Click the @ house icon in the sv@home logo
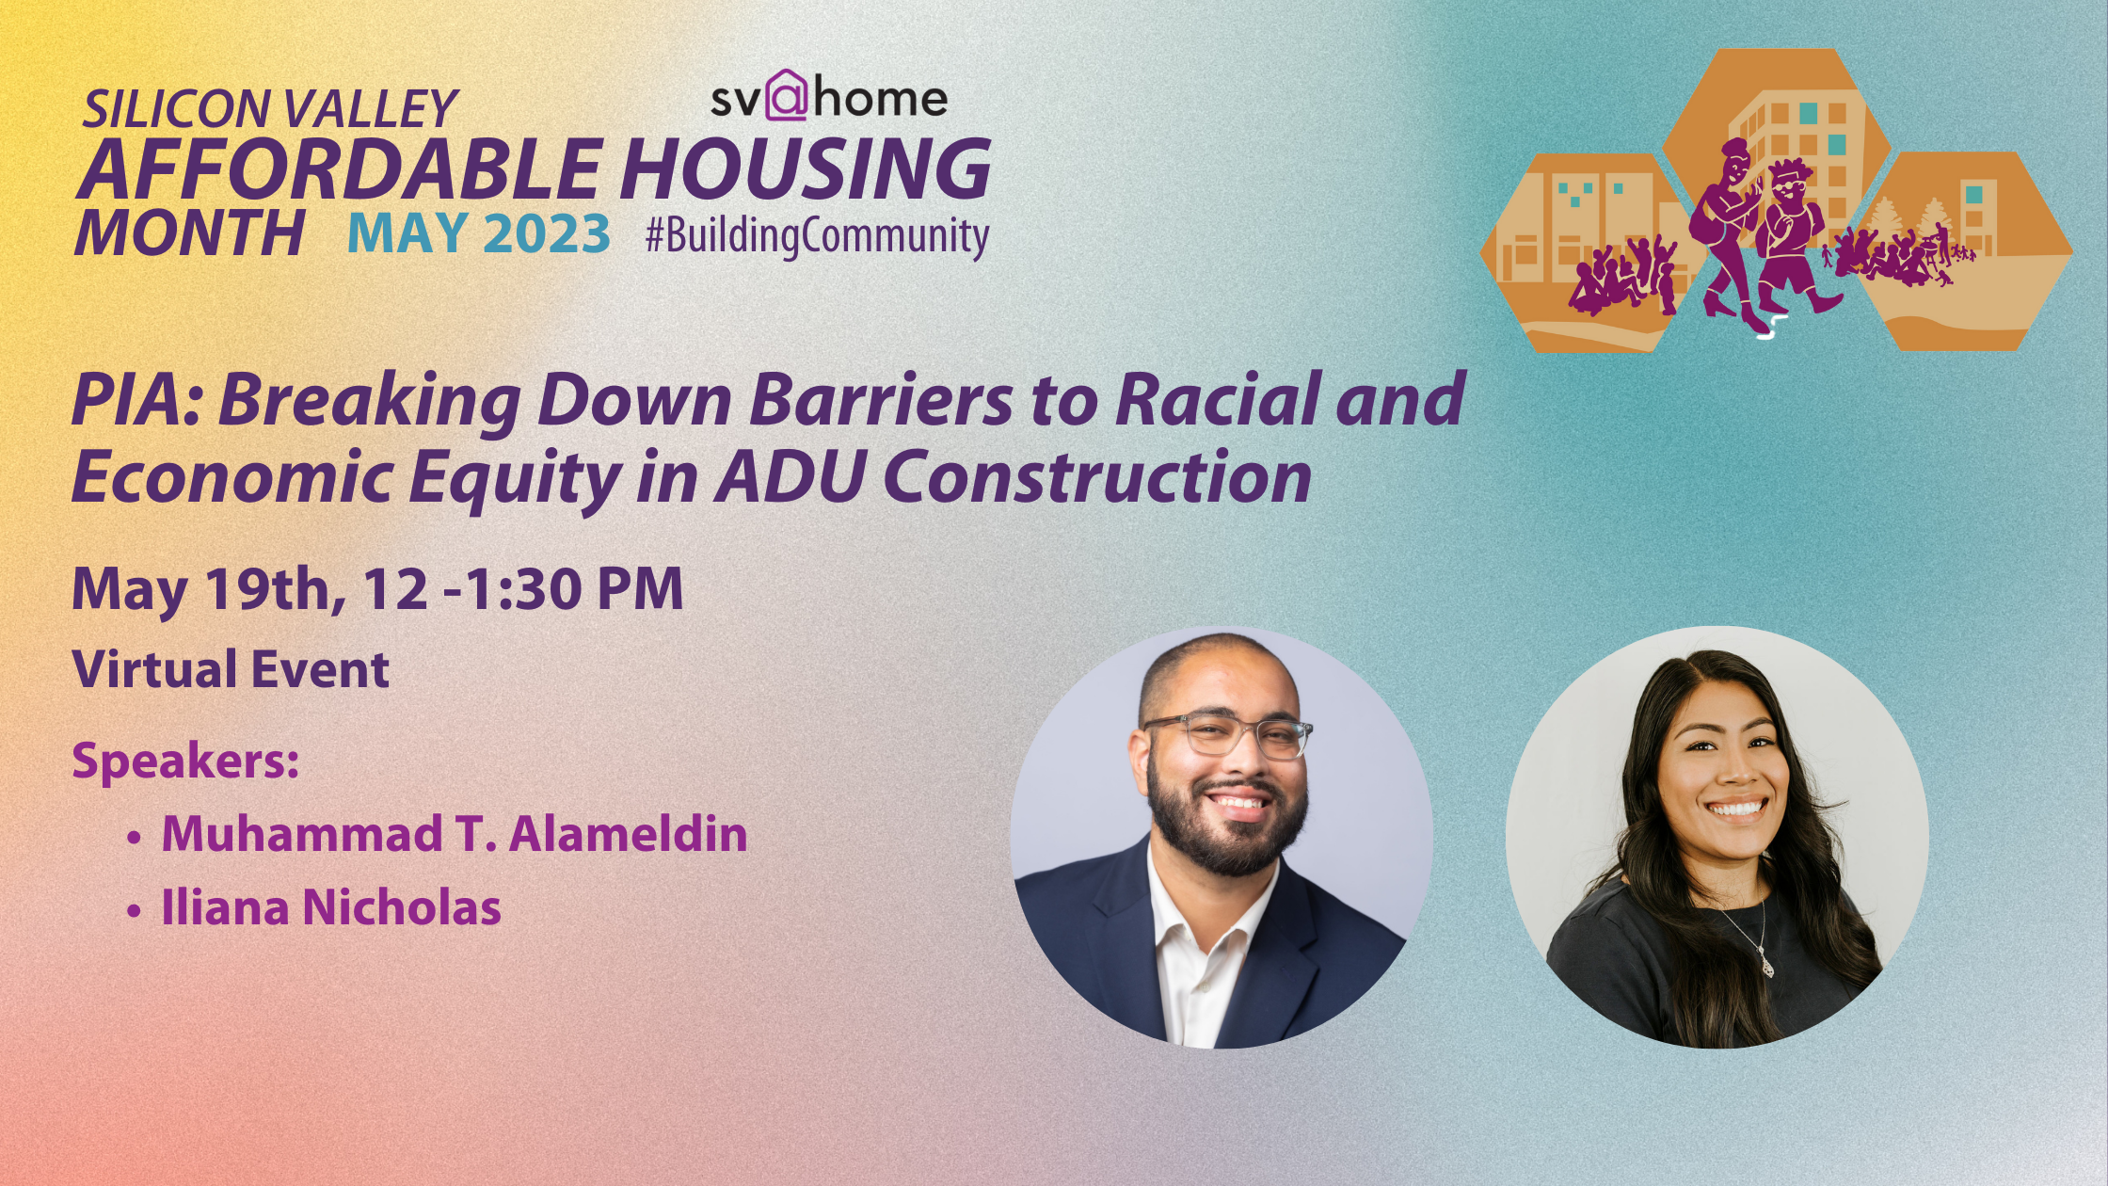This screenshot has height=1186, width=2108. [787, 96]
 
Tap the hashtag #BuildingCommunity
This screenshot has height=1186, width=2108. [816, 235]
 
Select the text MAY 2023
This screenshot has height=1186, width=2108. [479, 233]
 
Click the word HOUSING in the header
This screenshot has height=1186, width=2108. [805, 169]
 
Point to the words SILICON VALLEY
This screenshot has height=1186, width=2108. [269, 109]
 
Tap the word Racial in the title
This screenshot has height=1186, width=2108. [1217, 400]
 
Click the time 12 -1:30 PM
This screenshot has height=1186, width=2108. [523, 590]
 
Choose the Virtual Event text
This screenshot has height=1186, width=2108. [231, 670]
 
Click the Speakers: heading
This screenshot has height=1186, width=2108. [185, 761]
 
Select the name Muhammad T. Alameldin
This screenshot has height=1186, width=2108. [455, 835]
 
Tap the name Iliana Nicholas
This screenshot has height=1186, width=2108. [331, 908]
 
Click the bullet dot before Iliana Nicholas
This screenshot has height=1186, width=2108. [135, 910]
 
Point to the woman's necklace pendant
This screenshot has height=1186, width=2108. [1766, 966]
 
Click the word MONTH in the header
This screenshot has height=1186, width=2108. [189, 233]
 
